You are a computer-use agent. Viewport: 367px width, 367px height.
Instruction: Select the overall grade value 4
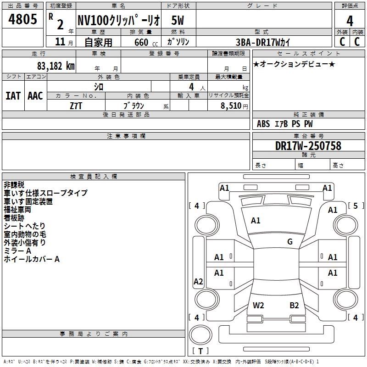[350, 21]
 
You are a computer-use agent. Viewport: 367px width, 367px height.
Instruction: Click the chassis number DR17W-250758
[308, 146]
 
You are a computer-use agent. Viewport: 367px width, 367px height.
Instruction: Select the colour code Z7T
[76, 105]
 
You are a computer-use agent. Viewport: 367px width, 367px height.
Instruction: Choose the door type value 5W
[178, 21]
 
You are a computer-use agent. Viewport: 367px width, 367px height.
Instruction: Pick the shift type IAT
[13, 96]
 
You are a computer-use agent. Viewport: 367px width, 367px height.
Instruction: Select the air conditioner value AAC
[35, 96]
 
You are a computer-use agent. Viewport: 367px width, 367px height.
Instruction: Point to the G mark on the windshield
[290, 242]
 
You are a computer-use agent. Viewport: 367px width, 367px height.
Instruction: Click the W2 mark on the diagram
[259, 305]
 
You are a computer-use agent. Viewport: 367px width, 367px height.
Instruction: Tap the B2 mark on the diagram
[294, 305]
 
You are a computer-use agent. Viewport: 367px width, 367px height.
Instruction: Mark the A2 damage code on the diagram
[198, 282]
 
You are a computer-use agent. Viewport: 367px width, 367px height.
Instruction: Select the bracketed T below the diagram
[200, 351]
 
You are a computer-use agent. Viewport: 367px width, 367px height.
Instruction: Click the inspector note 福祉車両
[17, 210]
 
